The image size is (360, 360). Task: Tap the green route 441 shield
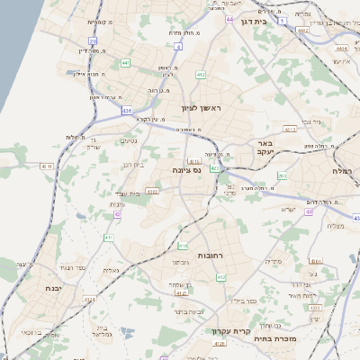click(x=124, y=62)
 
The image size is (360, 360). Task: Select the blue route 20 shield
click(x=93, y=40)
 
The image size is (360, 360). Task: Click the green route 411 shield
click(x=108, y=238)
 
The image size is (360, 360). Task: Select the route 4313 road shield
click(x=290, y=130)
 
